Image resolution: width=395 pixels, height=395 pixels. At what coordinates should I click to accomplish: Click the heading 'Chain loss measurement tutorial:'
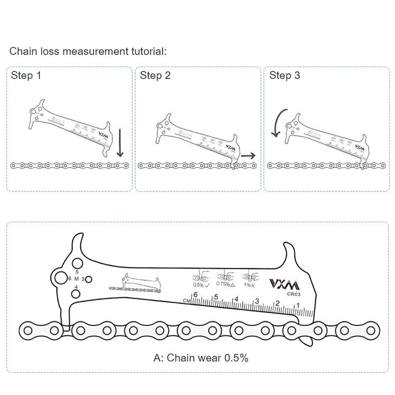pos(88,51)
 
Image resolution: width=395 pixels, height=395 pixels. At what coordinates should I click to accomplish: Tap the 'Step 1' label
pos(26,75)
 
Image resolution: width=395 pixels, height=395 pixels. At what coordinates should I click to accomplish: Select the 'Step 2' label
pos(155,75)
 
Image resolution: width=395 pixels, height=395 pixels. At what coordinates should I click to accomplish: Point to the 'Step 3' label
pos(285,75)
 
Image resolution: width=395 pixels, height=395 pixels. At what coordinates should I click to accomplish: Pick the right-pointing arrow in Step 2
pos(248,156)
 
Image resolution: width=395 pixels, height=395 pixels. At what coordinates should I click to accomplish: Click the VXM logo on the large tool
pos(284,284)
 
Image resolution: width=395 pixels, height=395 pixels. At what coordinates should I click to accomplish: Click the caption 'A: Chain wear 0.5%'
pos(201,358)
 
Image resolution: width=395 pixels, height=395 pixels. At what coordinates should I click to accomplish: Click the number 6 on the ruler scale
pos(195,295)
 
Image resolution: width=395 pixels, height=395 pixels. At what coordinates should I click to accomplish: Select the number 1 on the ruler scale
pos(298,305)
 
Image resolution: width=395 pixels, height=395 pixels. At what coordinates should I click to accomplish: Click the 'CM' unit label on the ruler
pos(187,301)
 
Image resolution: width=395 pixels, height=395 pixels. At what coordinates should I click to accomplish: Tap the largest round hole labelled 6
pos(61,278)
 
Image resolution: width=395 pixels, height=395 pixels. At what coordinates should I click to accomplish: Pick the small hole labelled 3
pos(89,279)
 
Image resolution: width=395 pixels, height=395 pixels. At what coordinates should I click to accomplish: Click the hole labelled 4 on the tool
pos(76,293)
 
